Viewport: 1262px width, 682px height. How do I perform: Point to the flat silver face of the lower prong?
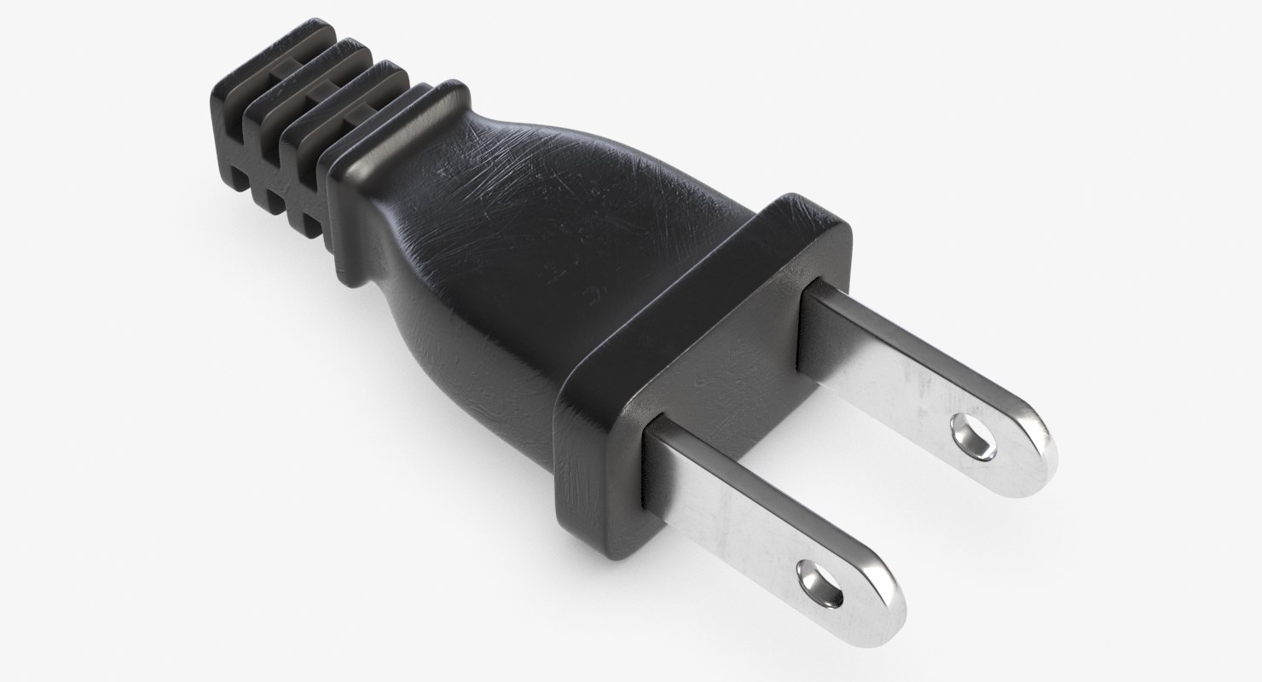tap(750, 529)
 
